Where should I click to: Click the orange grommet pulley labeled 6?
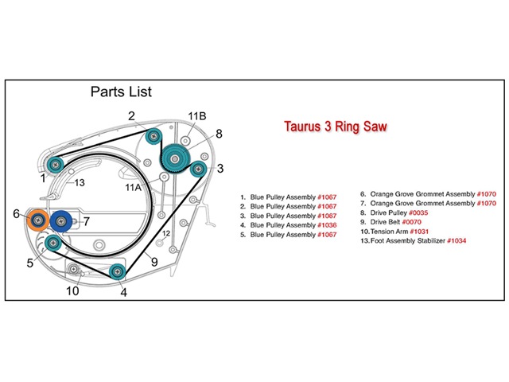pyautogui.click(x=37, y=220)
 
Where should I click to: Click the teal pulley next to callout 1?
pyautogui.click(x=54, y=165)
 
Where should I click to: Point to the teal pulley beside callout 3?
pyautogui.click(x=196, y=168)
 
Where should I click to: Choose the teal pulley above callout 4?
pyautogui.click(x=117, y=271)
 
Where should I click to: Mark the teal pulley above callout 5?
pyautogui.click(x=53, y=243)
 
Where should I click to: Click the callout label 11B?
pyautogui.click(x=196, y=116)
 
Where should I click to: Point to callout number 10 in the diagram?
pyautogui.click(x=72, y=291)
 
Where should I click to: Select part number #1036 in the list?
pyautogui.click(x=328, y=225)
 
